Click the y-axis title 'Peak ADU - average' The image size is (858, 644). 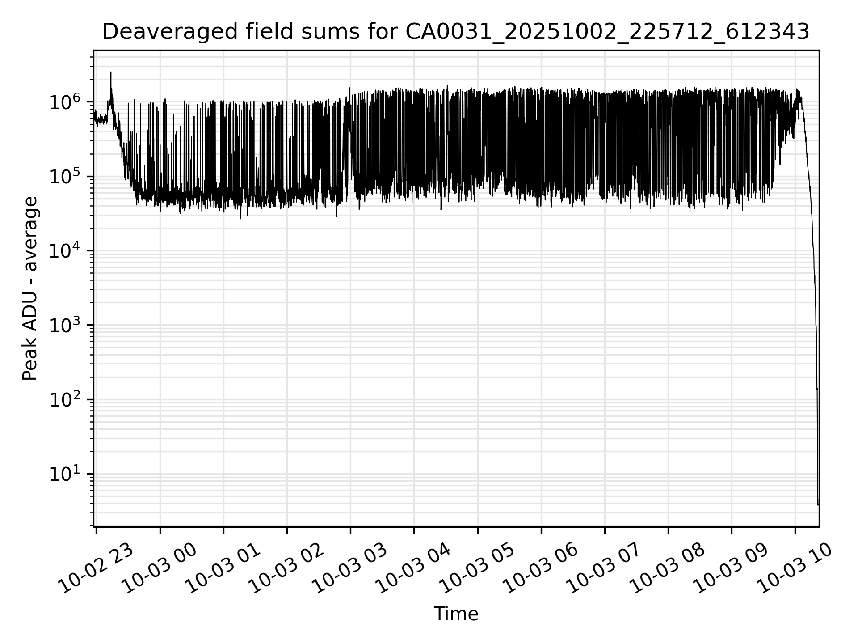30,288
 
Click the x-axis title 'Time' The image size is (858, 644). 456,614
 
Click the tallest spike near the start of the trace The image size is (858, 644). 111,73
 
